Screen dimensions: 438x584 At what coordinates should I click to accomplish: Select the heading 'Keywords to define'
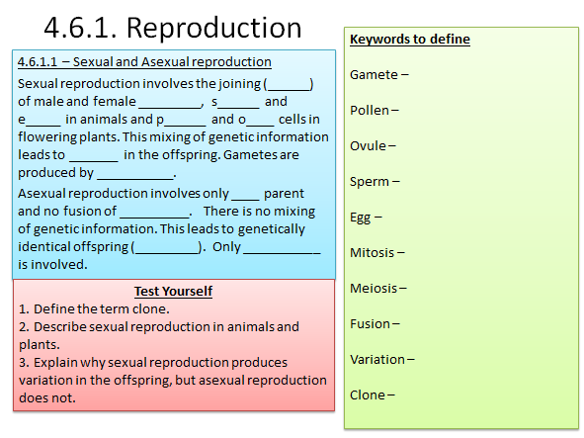click(x=409, y=40)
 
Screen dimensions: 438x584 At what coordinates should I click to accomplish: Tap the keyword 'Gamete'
click(x=374, y=75)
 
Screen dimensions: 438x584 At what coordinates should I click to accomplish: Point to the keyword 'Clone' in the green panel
click(x=368, y=395)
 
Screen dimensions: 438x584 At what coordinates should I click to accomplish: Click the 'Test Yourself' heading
click(x=173, y=292)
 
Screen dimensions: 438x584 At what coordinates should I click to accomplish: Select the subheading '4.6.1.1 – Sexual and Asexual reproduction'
click(x=144, y=63)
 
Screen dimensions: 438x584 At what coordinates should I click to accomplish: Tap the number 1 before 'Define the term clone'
click(x=23, y=309)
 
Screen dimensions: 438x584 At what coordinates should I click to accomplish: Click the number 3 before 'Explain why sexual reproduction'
click(x=23, y=363)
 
